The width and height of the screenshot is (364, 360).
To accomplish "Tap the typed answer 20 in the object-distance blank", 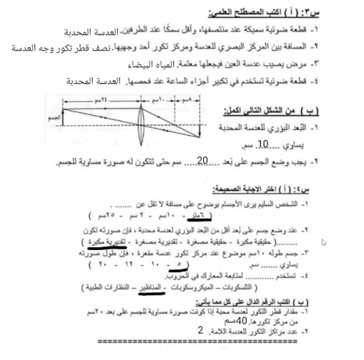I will point(203,161).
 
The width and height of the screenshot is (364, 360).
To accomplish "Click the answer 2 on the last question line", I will point(200,330).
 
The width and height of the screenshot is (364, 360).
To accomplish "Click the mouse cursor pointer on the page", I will point(324,243).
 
